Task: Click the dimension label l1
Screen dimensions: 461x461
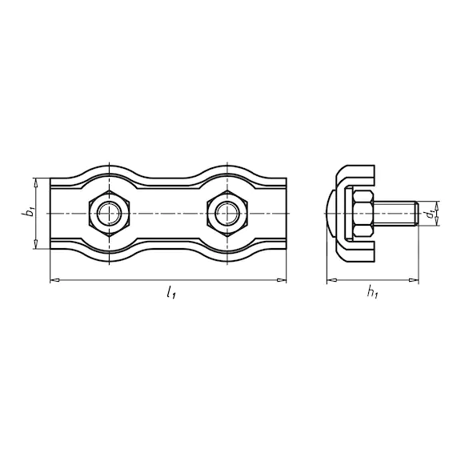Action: coord(171,293)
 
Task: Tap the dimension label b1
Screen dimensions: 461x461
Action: coord(28,213)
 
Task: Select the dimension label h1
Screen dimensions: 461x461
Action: coord(372,293)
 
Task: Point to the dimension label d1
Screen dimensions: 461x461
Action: coord(430,214)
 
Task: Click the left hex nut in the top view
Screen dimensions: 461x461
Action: coord(109,213)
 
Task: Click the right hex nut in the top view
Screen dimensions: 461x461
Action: coord(227,213)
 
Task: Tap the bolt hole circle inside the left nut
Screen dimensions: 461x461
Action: coord(109,213)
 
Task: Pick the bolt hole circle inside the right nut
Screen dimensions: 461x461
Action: coord(227,213)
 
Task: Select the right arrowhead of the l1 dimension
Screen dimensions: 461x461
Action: coord(282,280)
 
